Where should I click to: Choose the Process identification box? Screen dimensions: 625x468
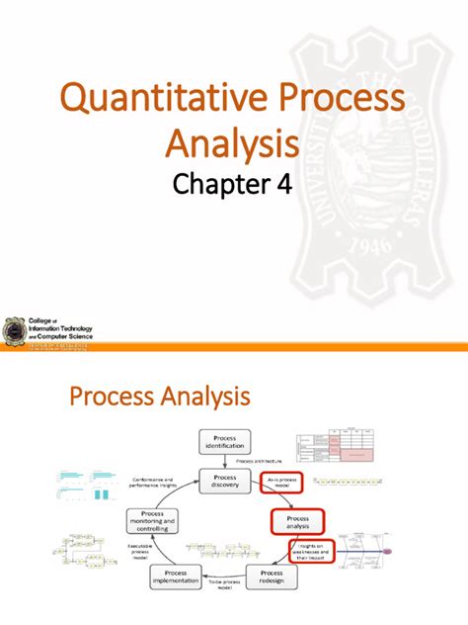click(x=226, y=442)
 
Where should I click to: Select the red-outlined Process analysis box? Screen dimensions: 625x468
click(x=297, y=523)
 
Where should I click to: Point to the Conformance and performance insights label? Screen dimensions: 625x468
click(x=154, y=481)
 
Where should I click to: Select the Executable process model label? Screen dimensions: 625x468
click(x=140, y=550)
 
